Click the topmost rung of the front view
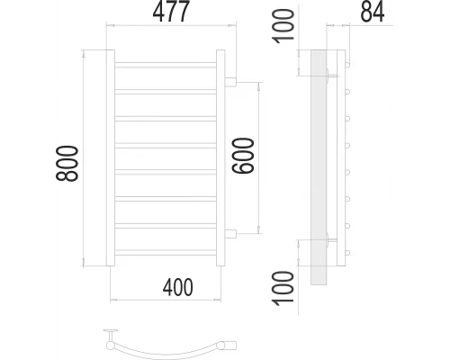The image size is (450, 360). [165, 65]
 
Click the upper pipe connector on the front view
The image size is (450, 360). [230, 82]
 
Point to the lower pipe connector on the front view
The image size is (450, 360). [230, 235]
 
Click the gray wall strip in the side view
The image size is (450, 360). [318, 166]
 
